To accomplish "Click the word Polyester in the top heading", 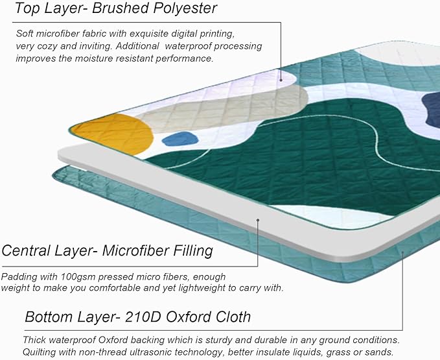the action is point(185,8).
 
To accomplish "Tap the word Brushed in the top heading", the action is point(121,8).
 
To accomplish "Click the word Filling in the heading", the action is point(193,250).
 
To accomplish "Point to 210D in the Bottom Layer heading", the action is point(143,317).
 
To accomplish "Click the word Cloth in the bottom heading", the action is point(233,317).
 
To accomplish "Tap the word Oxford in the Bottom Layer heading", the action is point(189,317).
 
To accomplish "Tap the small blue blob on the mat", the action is point(180,139).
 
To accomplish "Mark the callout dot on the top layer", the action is point(281,80).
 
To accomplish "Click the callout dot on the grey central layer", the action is point(258,220).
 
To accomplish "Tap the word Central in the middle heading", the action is point(26,250).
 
